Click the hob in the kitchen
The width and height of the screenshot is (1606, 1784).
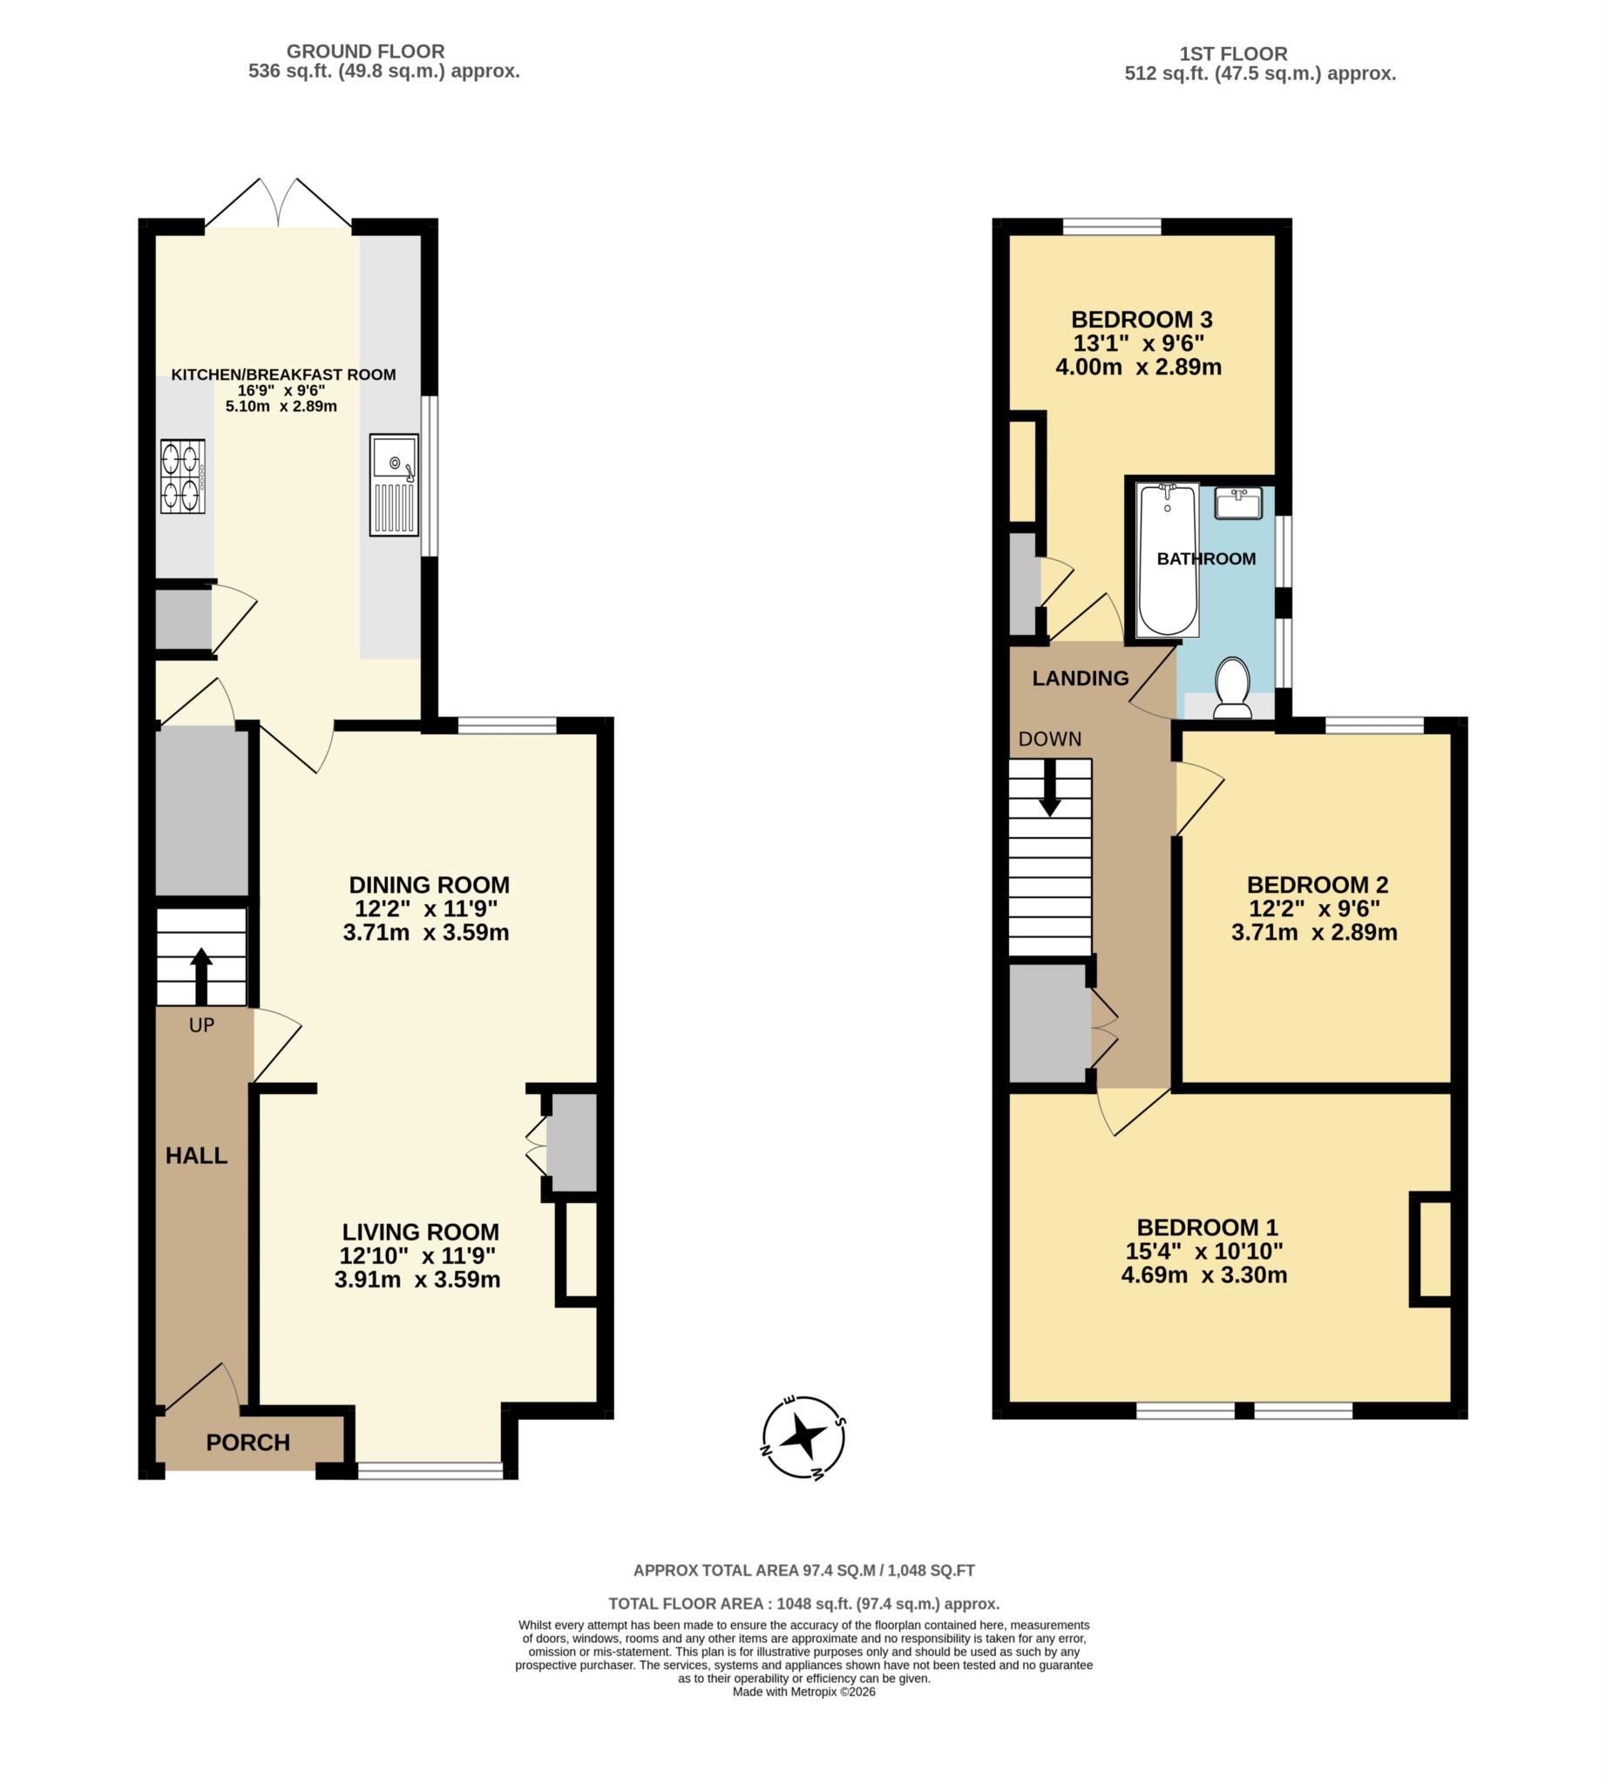click(183, 476)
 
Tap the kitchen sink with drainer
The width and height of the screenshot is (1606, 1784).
click(394, 484)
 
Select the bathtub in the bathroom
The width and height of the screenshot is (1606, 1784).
click(1167, 559)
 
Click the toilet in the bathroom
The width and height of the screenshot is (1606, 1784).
click(1232, 688)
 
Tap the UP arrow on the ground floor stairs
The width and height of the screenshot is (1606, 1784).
click(201, 976)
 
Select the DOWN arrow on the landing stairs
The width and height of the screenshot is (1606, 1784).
click(1049, 787)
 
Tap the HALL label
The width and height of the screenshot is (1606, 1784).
click(196, 1156)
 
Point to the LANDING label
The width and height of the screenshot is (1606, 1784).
click(1080, 679)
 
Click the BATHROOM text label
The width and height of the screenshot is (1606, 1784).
click(1205, 559)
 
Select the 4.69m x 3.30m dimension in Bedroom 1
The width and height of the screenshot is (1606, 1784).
click(1203, 1275)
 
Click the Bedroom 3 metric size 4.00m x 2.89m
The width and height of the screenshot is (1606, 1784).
click(1138, 367)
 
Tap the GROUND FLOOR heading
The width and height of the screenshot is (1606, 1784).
click(365, 51)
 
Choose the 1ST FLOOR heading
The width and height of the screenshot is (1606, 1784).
click(1233, 54)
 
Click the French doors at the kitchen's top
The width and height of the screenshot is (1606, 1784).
click(278, 206)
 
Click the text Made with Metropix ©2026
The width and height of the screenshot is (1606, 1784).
click(803, 1693)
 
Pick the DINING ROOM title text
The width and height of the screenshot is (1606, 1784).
click(429, 885)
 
